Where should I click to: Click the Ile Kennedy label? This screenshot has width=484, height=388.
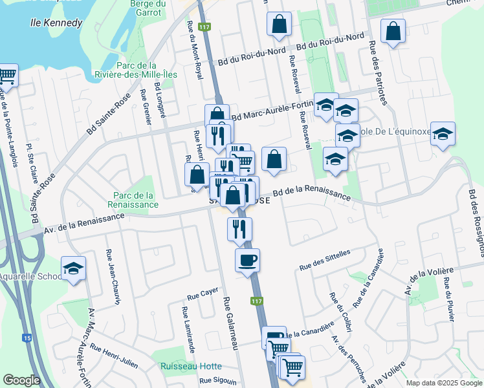coord(57,23)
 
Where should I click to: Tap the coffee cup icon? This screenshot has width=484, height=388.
coord(247,261)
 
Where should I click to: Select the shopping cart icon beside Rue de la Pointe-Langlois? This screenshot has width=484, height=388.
coord(6,76)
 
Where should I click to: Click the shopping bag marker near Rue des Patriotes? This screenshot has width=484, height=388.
coord(393,30)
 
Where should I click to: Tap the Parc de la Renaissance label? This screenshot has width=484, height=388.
coord(133,200)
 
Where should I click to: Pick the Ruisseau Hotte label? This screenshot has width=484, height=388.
coord(192,366)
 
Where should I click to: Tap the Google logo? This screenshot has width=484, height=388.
coord(21,380)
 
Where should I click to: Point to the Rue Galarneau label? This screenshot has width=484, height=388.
coord(232,323)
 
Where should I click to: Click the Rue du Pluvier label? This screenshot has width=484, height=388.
coord(447,303)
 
